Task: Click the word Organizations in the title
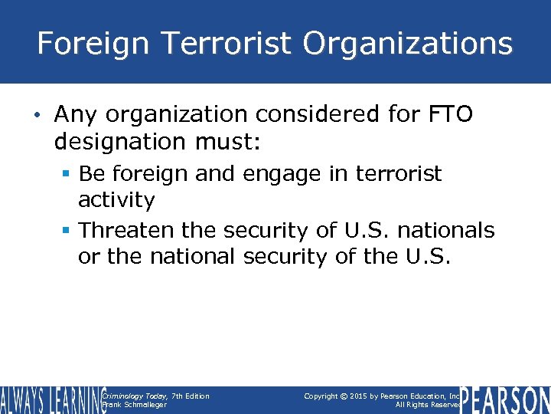point(407,44)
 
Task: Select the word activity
point(116,200)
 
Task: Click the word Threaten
point(127,230)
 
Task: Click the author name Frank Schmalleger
point(134,405)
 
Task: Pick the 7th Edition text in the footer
point(190,396)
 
